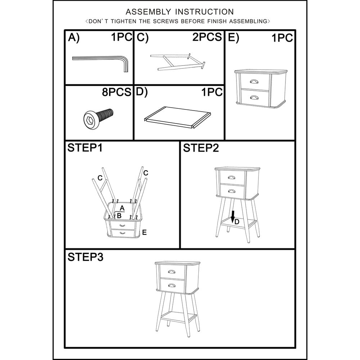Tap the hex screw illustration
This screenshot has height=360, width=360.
point(98,118)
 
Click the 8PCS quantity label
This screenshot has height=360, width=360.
point(117,92)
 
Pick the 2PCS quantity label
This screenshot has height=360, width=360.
point(207,37)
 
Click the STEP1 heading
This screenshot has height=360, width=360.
point(85,148)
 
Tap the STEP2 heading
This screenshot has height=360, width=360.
point(201,148)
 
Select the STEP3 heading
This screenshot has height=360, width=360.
point(85,257)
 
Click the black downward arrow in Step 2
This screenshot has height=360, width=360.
point(233,217)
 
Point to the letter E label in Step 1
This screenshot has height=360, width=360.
point(144,232)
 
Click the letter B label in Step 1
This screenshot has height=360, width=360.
point(119,216)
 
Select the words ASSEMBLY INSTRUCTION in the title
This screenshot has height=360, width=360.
point(180,12)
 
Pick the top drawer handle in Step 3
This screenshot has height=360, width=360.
point(172,272)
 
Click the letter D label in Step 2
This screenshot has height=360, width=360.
point(237,222)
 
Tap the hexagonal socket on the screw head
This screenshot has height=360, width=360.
point(89,120)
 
